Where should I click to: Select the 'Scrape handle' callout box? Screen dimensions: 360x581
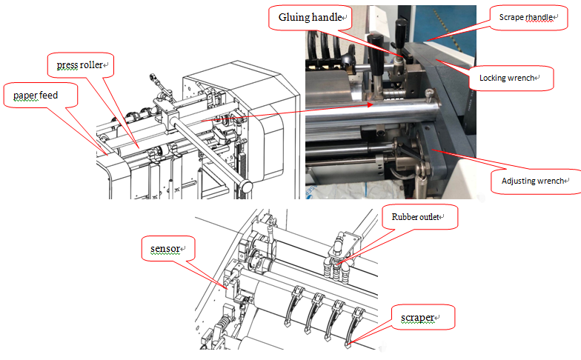[526, 16]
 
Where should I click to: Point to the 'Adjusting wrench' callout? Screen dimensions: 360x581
[532, 180]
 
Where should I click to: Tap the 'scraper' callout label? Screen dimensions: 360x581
[419, 319]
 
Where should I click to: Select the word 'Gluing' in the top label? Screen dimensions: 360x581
[293, 17]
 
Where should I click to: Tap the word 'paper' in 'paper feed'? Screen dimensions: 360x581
[24, 96]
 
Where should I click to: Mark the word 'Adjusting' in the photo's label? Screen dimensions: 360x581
[517, 180]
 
